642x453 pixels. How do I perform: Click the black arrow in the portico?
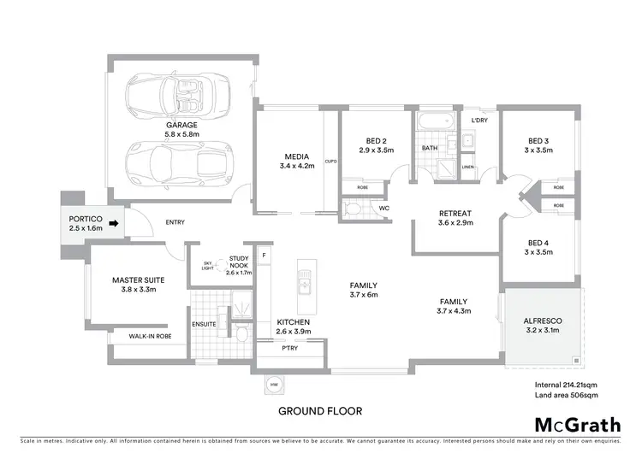(x=115, y=227)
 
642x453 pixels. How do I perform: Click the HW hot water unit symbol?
(x=274, y=385)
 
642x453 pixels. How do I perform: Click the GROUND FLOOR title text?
(x=320, y=411)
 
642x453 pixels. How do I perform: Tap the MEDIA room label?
(x=297, y=161)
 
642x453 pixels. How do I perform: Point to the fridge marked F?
(x=265, y=255)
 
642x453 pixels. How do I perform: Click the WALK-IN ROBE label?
(x=151, y=337)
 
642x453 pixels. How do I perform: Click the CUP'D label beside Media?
(x=331, y=161)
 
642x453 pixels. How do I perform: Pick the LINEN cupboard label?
(x=467, y=168)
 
